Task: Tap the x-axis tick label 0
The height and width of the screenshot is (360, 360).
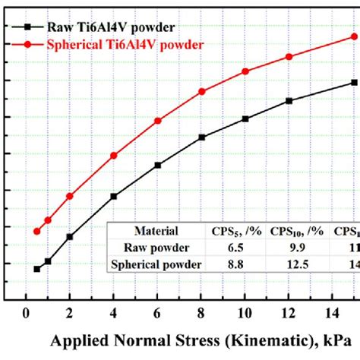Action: [27, 314]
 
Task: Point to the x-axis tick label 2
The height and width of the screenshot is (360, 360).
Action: [70, 314]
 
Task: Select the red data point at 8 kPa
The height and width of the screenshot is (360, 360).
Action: [202, 92]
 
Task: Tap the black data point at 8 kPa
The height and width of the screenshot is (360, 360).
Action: [202, 137]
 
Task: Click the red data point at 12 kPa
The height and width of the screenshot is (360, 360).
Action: [289, 57]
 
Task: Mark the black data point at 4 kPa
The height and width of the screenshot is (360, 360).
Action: [114, 196]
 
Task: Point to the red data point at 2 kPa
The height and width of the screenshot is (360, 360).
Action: [70, 196]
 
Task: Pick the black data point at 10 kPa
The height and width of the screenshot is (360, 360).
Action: [245, 118]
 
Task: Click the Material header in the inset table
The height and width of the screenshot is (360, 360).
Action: [156, 231]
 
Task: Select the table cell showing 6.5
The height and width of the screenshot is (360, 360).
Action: [225, 248]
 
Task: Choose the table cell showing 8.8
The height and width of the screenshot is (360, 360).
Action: [225, 264]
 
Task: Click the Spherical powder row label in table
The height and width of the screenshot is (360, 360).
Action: [156, 264]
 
